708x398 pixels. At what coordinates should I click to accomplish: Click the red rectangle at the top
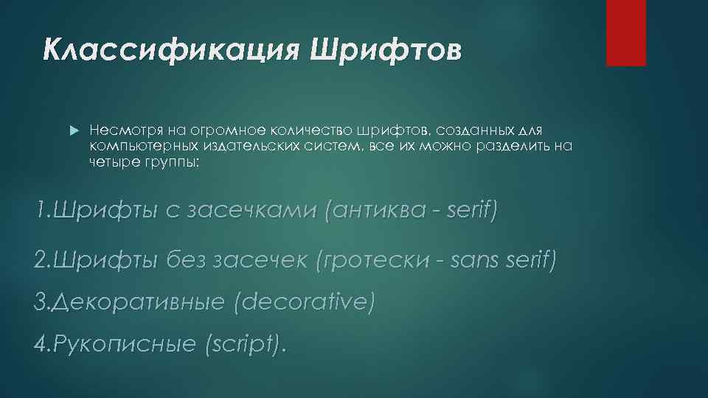(625, 32)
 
